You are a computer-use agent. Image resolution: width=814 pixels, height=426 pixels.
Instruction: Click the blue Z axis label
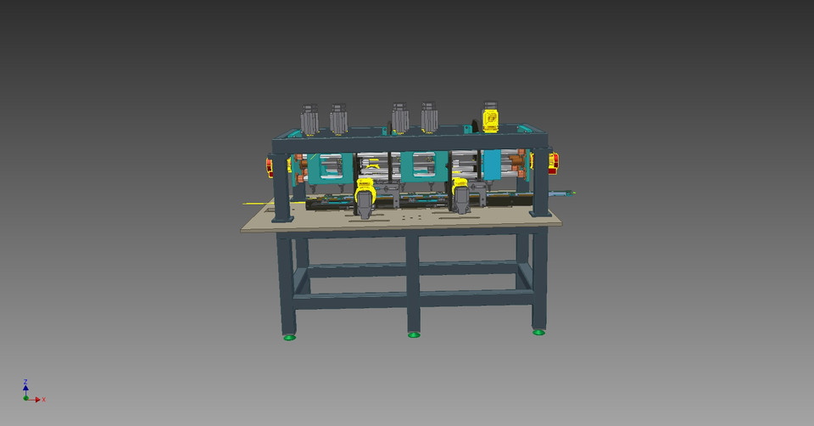click(26, 382)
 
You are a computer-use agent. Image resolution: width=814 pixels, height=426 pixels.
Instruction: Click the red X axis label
click(43, 399)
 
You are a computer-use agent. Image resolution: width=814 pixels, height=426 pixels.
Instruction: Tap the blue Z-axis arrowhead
click(26, 388)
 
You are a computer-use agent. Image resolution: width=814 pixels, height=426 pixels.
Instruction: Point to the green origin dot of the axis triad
click(26, 398)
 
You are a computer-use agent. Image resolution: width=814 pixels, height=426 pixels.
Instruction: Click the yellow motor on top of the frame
click(490, 117)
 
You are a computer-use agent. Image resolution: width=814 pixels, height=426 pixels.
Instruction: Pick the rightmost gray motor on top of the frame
click(429, 119)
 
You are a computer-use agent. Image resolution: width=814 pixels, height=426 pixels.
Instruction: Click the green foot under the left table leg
click(290, 337)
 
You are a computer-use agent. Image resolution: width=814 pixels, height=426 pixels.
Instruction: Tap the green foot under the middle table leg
click(414, 334)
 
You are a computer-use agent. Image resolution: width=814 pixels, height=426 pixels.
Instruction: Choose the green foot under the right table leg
click(538, 332)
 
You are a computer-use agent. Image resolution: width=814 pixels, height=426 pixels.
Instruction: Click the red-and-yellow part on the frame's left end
click(275, 166)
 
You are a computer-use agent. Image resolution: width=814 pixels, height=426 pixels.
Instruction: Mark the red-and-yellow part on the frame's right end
click(552, 162)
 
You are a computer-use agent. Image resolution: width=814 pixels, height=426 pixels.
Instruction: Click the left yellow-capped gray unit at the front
click(365, 197)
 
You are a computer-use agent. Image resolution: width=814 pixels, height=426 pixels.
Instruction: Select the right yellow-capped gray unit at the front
click(461, 194)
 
